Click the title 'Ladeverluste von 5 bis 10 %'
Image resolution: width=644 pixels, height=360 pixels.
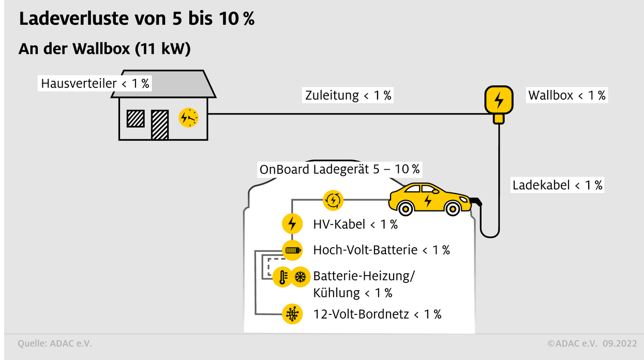tap(137, 19)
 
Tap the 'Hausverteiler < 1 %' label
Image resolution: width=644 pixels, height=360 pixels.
tap(95, 83)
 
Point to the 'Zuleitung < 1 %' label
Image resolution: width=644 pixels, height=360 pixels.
tap(348, 95)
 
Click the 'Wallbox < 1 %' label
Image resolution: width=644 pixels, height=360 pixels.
tap(566, 95)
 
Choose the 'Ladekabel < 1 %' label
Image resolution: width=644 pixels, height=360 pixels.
tap(558, 185)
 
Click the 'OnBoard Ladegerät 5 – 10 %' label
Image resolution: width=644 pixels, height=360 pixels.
tap(339, 169)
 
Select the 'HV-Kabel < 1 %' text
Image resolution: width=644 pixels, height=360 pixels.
tap(355, 224)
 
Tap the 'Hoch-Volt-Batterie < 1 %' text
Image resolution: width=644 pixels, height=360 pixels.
tap(381, 250)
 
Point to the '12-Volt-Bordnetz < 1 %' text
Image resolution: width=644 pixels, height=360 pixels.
tap(377, 314)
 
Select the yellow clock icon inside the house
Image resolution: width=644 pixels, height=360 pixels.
tap(188, 118)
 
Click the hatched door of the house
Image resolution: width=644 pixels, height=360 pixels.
tap(160, 125)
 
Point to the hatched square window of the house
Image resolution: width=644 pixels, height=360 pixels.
tap(136, 118)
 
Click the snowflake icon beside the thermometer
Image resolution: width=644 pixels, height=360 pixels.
tap(300, 277)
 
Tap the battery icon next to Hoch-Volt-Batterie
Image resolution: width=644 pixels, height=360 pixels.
tap(292, 250)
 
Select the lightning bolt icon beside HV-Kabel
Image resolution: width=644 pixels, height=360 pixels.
tap(292, 224)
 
